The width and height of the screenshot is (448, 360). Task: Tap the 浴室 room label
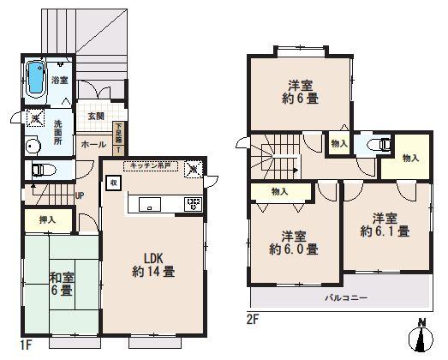tap(59, 80)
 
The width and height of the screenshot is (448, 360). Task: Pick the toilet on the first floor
tap(42, 171)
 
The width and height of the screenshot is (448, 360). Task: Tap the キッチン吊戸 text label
tap(155, 164)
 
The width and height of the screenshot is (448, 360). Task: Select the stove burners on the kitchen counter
tap(192, 204)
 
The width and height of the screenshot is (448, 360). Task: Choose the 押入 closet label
tap(47, 220)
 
